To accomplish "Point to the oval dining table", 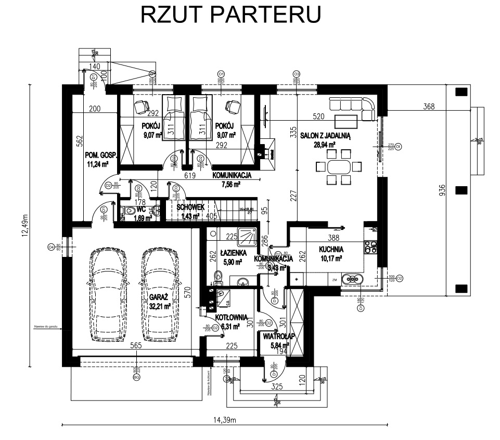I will pos(337,167).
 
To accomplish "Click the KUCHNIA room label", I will pos(331,249).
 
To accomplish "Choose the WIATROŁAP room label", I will pos(279,336).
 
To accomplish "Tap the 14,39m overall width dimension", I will pos(224,420).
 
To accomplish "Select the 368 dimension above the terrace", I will pos(428,107).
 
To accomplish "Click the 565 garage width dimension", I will pos(136,345).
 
